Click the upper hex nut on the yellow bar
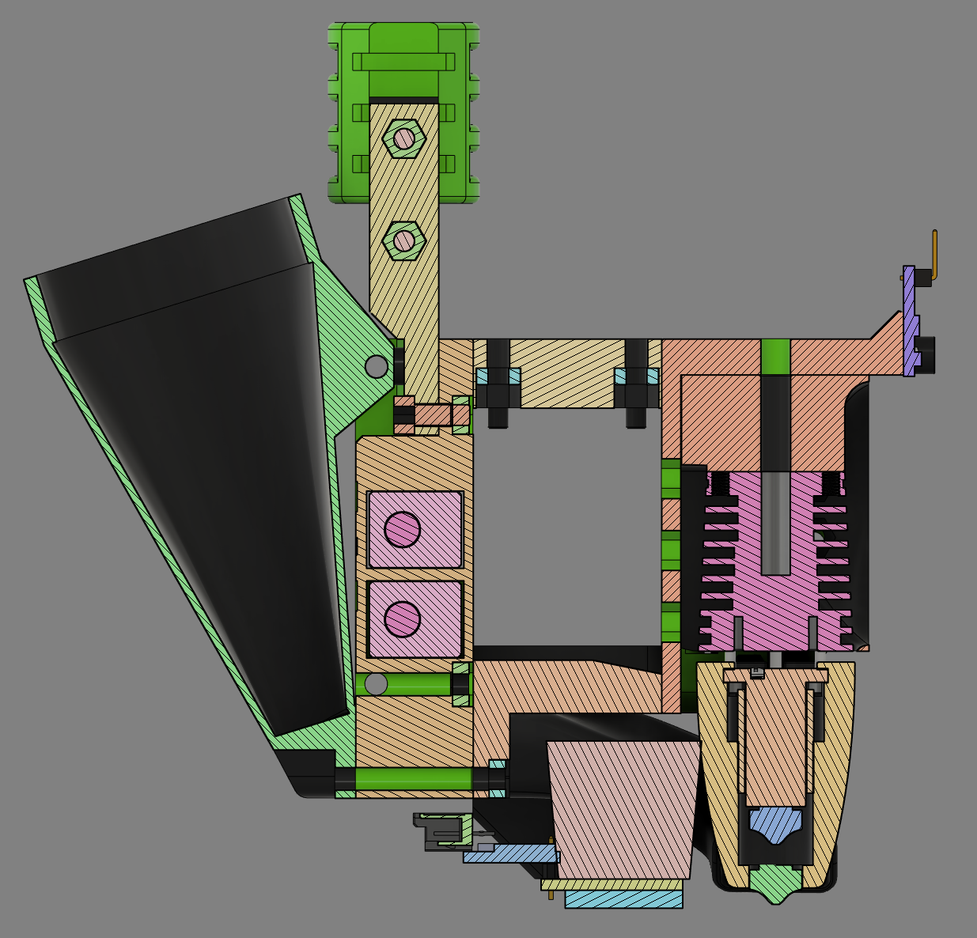(403, 138)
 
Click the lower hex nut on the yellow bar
(403, 239)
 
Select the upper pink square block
(415, 529)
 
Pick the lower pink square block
(415, 618)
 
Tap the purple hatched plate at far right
(910, 320)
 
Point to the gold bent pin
(933, 257)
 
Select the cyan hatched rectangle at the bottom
(623, 898)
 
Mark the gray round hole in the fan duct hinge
(377, 366)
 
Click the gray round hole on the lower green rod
(377, 684)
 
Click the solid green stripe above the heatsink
(775, 356)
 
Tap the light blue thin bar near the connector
(510, 855)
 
